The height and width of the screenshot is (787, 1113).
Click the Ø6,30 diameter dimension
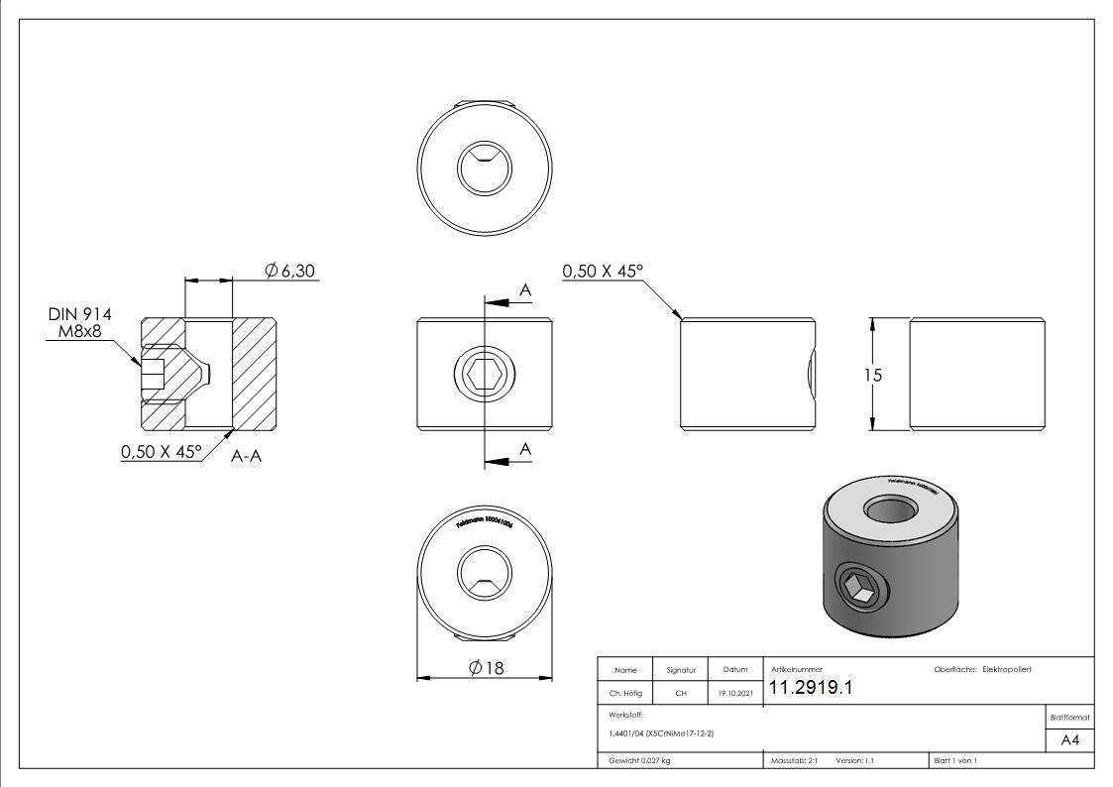point(290,271)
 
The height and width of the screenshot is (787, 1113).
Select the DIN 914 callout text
point(79,314)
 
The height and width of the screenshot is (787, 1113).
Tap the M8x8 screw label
point(78,331)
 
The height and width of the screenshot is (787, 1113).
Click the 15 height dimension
point(872,375)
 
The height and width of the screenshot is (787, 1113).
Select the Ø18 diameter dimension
point(486,668)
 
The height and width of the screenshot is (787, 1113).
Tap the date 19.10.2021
point(733,694)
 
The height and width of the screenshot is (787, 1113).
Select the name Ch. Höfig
point(624,694)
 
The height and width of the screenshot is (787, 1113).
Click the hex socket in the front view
point(484,375)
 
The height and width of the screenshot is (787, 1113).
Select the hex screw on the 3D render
point(856,587)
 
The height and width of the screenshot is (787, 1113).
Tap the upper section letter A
point(525,289)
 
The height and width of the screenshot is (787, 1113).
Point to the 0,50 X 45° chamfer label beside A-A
point(161,452)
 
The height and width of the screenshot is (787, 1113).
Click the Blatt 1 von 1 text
point(955,761)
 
